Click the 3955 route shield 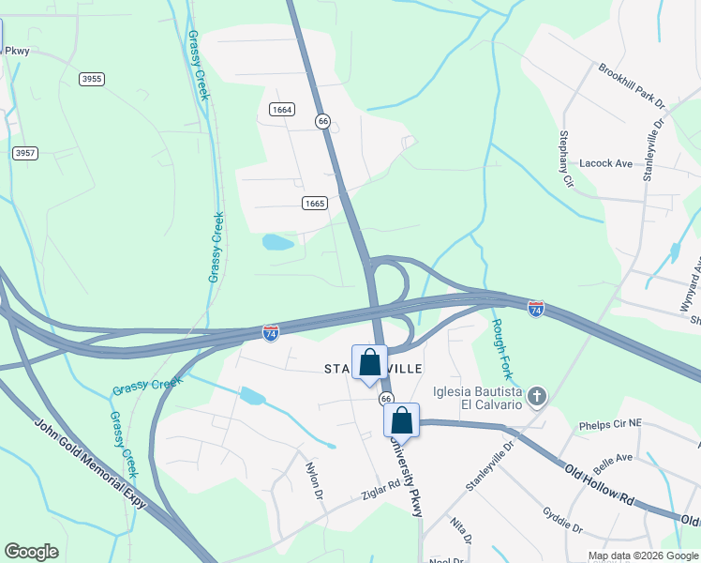point(92,79)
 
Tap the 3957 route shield point(25,152)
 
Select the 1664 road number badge point(282,110)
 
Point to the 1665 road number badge point(314,203)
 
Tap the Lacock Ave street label point(606,163)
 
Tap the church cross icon point(536,396)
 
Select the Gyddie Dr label point(563,520)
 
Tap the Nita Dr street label point(460,531)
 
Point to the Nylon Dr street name point(314,479)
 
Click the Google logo point(31,552)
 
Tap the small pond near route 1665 point(277,243)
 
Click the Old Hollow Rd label point(601,480)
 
